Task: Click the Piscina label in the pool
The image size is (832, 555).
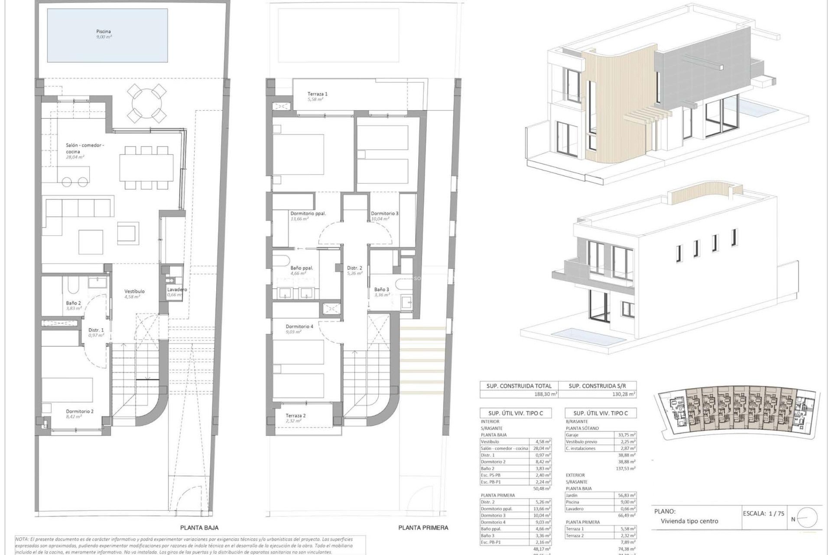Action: pos(104,32)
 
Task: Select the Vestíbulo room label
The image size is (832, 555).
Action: pos(134,291)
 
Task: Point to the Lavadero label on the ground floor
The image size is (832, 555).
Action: pos(177,290)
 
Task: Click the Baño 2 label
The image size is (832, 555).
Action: pos(73,303)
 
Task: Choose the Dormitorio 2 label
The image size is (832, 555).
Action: pos(80,411)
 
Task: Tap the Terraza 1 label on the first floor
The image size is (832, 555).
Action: pos(318,94)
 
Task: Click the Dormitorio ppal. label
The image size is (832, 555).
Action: pos(308,213)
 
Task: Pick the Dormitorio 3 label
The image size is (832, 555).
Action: pos(384,213)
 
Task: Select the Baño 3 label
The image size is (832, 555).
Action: pos(381,289)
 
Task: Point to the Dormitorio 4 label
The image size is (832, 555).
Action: pos(299,326)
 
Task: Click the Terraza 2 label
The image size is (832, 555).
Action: pos(296,415)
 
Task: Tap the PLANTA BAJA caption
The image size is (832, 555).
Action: pos(199,528)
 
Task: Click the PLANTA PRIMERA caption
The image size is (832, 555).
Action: pos(423,528)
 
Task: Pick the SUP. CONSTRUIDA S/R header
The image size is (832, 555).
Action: pos(597,386)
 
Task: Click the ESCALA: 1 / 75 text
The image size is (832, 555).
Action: pos(763,513)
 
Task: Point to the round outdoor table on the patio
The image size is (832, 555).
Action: pos(147,103)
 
